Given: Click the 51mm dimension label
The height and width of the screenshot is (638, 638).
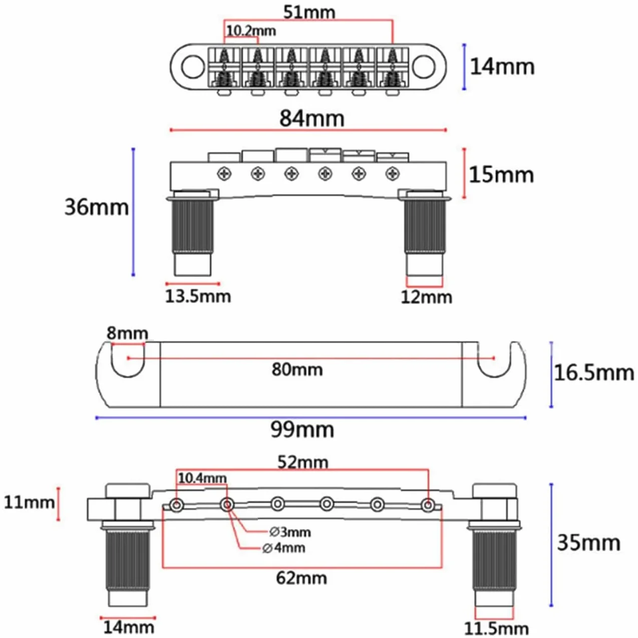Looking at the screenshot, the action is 309,13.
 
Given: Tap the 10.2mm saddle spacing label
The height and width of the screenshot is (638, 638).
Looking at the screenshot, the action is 251,31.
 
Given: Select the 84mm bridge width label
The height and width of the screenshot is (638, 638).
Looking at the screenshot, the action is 312,118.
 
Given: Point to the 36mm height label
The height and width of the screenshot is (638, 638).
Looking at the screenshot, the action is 96,207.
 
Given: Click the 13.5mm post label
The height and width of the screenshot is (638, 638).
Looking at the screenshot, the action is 198,296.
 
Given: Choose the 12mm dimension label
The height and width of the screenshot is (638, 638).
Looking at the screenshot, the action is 426,297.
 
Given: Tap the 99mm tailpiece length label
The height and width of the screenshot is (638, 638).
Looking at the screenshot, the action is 302,430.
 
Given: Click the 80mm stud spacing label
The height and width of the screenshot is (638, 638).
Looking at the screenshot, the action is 297,369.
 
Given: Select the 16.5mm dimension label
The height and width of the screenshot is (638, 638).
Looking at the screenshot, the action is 594,373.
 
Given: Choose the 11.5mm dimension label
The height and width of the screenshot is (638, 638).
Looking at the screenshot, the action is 496,628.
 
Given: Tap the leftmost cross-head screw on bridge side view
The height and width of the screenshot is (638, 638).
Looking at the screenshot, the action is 224,173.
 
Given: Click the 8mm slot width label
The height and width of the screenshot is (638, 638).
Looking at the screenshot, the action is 127,334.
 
